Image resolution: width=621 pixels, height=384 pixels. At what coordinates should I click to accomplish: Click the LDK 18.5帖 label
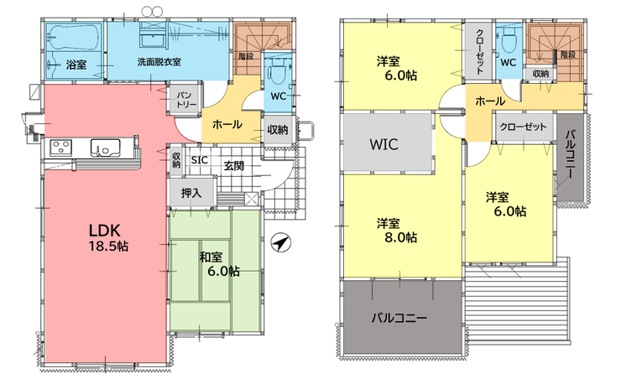(108, 237)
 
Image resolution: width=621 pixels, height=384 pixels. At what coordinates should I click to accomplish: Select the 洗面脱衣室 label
(159, 62)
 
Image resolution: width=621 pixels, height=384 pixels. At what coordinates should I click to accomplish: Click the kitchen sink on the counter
(105, 148)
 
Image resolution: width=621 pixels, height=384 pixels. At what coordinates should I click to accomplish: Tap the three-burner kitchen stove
(61, 148)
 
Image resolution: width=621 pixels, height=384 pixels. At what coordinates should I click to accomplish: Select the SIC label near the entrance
(199, 160)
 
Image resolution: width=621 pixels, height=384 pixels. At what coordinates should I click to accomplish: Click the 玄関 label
(234, 165)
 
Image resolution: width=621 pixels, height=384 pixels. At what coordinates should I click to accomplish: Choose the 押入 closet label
(191, 193)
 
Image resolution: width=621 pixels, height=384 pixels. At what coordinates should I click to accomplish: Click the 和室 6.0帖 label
(219, 264)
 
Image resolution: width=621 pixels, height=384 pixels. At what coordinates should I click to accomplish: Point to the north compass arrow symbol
(281, 242)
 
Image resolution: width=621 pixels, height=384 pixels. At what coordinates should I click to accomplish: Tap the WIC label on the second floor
(384, 144)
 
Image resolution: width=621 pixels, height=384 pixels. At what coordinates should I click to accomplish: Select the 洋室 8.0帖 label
(396, 231)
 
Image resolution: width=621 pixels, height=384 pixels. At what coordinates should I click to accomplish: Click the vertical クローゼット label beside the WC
(479, 50)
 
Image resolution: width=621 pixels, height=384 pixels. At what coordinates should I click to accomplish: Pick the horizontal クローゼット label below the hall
(523, 127)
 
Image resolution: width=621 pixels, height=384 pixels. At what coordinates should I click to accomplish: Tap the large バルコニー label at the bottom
(399, 318)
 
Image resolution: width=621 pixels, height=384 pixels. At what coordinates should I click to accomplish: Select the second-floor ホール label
(490, 101)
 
